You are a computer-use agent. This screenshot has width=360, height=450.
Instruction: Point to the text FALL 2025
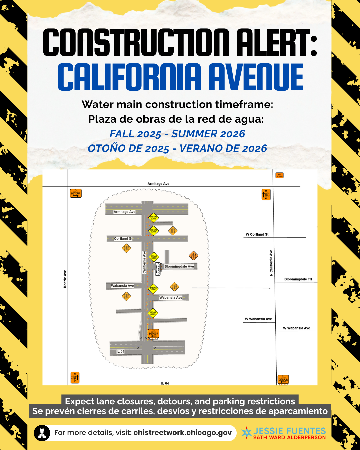click(x=135, y=134)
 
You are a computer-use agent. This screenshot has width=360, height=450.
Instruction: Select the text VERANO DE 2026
click(x=223, y=148)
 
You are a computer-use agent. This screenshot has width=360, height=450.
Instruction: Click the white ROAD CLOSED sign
click(x=158, y=268)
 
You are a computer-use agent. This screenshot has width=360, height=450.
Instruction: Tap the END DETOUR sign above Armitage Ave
click(x=279, y=175)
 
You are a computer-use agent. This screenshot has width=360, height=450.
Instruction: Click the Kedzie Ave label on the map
click(x=65, y=279)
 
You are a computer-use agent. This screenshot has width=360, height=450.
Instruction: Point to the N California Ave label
click(x=271, y=263)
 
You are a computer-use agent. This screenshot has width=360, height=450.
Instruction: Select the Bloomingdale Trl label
click(x=298, y=279)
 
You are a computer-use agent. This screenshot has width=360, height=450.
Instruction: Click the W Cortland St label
click(x=257, y=234)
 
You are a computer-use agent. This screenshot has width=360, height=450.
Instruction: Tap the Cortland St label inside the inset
click(x=123, y=239)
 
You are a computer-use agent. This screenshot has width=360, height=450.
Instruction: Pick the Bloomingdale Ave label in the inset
click(x=179, y=266)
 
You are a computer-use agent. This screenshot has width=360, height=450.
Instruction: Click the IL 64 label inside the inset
click(x=120, y=352)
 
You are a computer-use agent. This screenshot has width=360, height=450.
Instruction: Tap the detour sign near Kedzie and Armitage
click(x=76, y=193)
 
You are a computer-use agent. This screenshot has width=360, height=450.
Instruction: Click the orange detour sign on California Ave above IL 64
click(x=154, y=333)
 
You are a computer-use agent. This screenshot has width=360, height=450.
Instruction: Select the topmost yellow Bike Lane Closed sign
click(x=153, y=218)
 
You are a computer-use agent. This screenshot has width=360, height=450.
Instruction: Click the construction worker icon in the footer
click(x=42, y=433)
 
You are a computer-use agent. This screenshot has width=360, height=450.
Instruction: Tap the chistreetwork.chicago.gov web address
click(x=183, y=433)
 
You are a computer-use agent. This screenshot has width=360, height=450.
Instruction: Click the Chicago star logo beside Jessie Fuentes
click(x=247, y=432)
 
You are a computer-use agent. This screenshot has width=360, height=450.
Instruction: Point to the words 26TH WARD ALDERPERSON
click(x=289, y=437)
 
